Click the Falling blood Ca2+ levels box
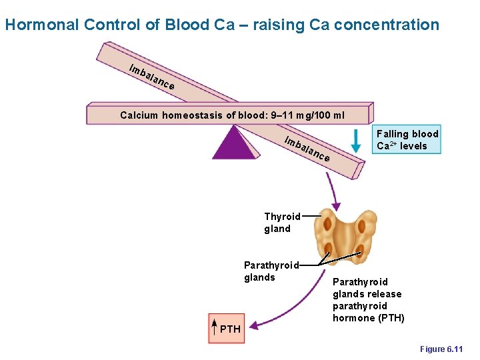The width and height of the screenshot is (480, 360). tap(407, 140)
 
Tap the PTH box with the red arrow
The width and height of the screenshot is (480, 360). tap(227, 329)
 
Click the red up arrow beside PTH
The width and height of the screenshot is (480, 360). tap(214, 329)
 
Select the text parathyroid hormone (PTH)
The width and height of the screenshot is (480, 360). tap(368, 312)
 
